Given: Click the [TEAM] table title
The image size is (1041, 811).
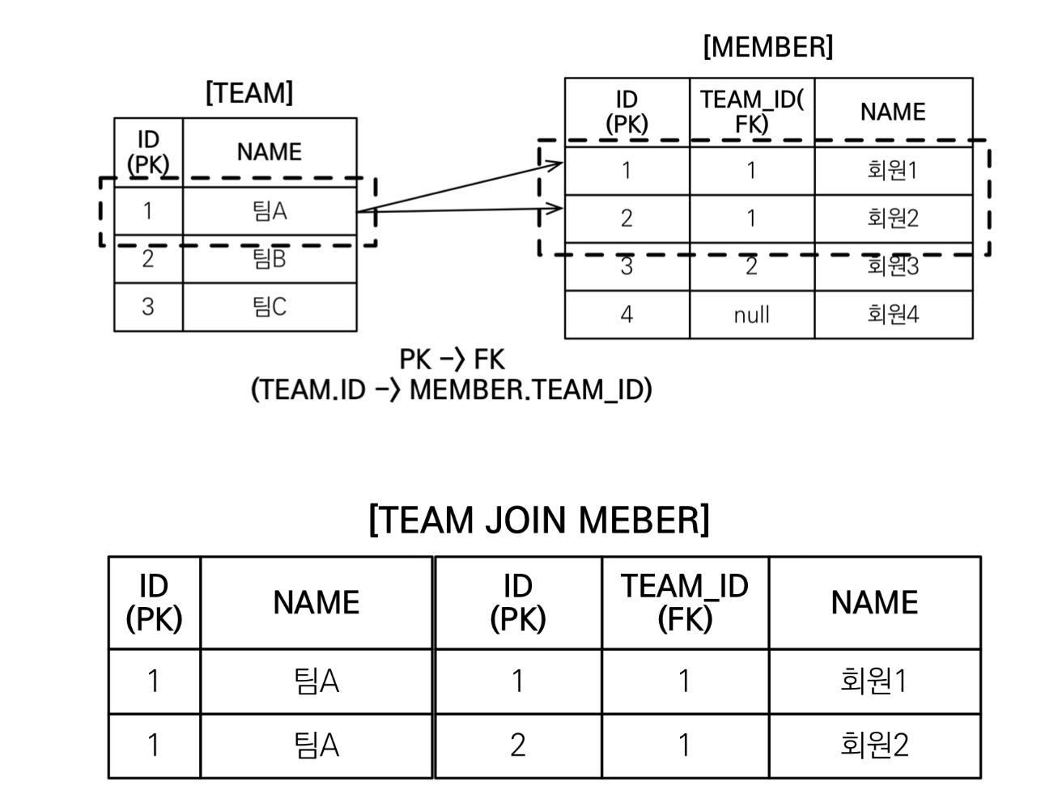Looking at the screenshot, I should pos(249,93).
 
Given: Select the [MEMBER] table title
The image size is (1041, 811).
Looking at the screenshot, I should pos(767,47).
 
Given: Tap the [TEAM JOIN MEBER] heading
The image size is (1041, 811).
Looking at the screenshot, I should pos(538,519).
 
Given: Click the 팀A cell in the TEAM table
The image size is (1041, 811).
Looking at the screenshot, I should pos(270,211).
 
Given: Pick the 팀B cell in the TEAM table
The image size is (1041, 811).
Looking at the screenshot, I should pos(270,259).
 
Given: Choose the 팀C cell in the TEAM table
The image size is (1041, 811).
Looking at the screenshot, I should pos(270,307).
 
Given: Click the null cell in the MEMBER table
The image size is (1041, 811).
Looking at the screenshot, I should pos(751,315).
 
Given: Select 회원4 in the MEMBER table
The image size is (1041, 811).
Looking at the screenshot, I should pos(893,315).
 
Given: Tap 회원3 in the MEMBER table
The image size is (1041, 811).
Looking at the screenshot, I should pos(893,266).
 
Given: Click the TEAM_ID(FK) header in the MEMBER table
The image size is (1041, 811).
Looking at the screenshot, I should pos(751,111).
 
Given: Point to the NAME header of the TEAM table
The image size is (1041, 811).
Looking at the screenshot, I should pos(270,151).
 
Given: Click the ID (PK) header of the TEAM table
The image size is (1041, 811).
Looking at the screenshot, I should pos(148,152).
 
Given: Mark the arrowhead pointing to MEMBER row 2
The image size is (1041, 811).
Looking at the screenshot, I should pos(554,210).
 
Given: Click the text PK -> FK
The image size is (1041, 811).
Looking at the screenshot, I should pos(452,359).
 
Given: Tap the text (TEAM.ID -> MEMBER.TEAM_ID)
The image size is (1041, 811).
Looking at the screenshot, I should pos(452,390).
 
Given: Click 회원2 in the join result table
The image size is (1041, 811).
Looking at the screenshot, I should pos(874,745).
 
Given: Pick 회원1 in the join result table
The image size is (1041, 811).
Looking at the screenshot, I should pos(874,681).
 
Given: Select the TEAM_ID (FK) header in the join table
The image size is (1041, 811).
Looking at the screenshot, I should pos(685,602).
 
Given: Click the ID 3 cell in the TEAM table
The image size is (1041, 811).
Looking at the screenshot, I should pos(148,307).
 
